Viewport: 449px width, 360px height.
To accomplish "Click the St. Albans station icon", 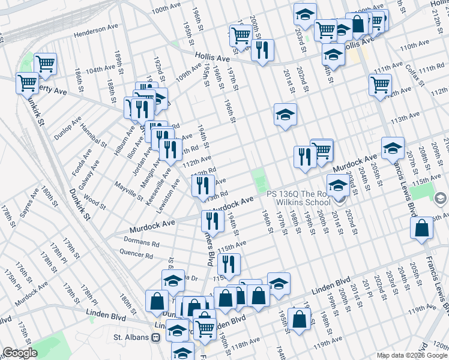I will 156,337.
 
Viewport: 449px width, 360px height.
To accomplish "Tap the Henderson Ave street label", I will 96,29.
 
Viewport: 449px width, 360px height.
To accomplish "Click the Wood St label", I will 95,201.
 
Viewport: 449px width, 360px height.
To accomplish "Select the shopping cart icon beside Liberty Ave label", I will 27,83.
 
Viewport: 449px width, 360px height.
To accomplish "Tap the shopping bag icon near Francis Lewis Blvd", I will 422,228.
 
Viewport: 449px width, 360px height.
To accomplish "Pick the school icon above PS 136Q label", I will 337,184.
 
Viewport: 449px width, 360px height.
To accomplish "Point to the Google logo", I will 20,352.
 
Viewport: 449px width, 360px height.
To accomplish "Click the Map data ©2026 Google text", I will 411,355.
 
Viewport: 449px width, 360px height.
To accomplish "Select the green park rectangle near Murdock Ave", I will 259,181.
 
